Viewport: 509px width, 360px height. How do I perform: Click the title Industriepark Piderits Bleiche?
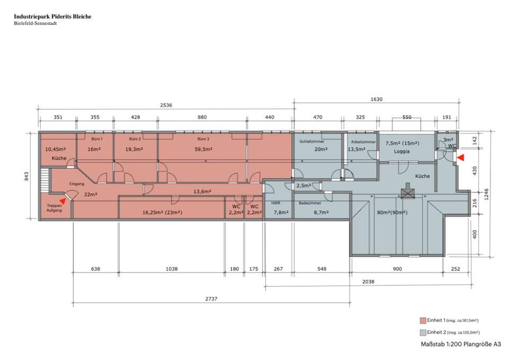click(52, 16)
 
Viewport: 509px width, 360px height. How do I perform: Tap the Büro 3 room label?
click(204, 139)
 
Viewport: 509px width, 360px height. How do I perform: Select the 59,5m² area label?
click(204, 150)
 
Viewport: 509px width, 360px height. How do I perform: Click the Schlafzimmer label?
click(311, 142)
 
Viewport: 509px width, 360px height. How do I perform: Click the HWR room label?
click(276, 203)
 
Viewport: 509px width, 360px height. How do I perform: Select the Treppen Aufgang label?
click(55, 208)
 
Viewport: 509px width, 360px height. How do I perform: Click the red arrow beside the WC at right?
click(460, 157)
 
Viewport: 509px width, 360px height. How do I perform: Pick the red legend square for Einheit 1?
click(423, 320)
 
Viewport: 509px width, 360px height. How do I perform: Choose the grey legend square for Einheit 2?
click(423, 332)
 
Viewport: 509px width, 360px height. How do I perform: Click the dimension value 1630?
click(376, 99)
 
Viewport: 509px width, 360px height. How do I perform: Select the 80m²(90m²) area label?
click(392, 213)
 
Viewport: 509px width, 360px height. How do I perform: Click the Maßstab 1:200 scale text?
click(460, 344)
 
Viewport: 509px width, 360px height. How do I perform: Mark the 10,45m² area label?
click(55, 150)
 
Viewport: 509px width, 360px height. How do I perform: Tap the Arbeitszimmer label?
click(363, 142)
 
